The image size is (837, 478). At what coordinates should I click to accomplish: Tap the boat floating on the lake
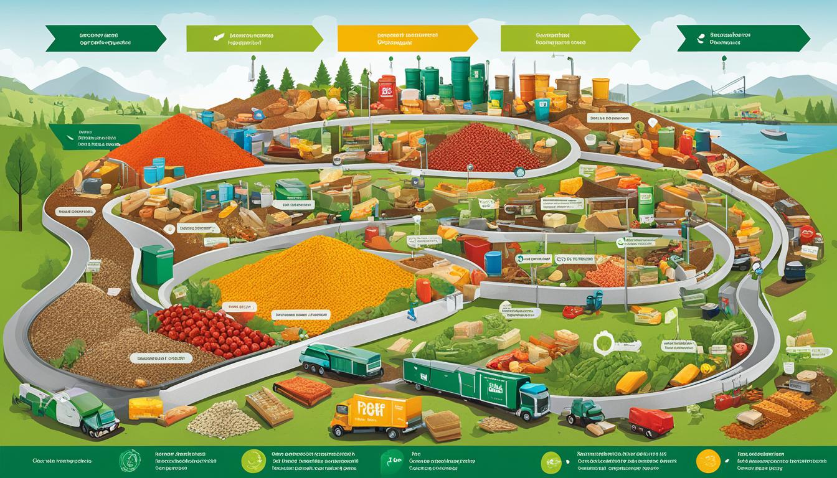pos(772,133)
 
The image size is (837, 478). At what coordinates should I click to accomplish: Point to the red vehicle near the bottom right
pos(651,421)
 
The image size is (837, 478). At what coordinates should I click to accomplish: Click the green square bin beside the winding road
pos(156,264)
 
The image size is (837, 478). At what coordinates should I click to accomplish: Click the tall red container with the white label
pos(387,91)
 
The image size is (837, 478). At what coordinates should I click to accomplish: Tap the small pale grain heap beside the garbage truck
pos(224,418)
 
